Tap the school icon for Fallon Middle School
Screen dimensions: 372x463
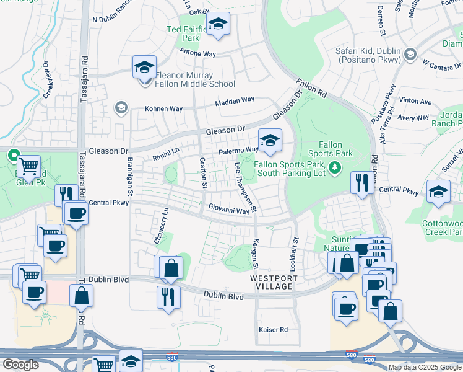(x=144, y=66)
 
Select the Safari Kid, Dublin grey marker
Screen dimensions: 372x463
(x=409, y=56)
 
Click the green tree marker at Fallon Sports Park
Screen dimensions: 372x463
(x=335, y=167)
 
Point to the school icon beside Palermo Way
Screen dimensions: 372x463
(x=270, y=141)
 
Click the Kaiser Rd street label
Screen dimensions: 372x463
(x=274, y=330)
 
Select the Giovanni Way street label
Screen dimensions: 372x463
(x=228, y=210)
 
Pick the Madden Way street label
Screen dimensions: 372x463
(x=235, y=100)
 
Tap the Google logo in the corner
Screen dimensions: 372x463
(x=20, y=365)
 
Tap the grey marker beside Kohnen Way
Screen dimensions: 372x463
(x=121, y=108)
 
